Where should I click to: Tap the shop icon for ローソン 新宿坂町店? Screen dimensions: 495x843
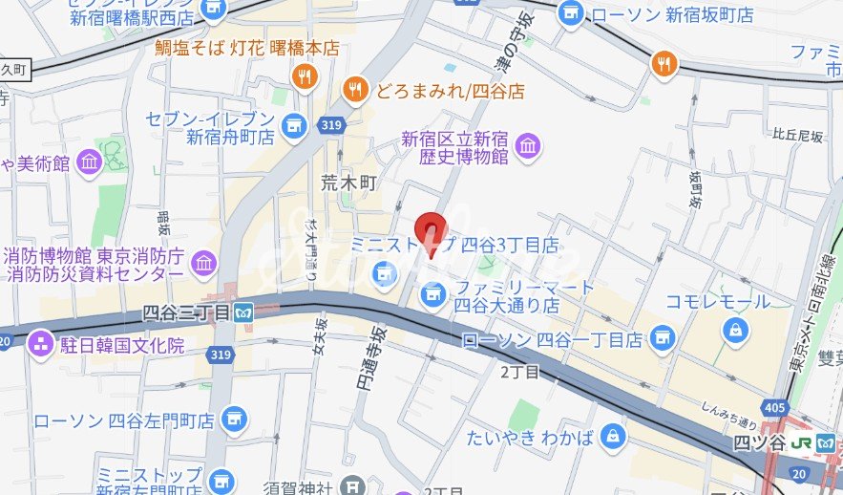click(571, 13)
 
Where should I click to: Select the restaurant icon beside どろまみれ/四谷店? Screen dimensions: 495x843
click(355, 89)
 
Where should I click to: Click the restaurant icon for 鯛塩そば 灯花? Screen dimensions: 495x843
click(305, 76)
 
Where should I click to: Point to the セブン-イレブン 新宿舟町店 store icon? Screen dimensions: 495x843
click(294, 125)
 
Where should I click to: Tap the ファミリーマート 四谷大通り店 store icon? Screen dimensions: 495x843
click(434, 293)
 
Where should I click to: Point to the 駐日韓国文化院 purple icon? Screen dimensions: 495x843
click(41, 343)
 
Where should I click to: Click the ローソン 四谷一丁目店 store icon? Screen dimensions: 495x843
click(661, 338)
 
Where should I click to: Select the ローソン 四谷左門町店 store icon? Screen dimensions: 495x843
click(232, 419)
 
